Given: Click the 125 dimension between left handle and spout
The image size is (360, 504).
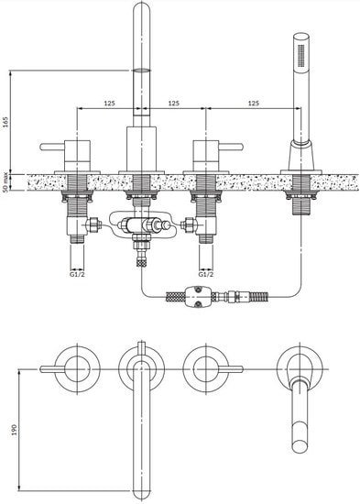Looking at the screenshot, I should coord(109,103).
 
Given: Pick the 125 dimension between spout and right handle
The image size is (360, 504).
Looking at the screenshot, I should coord(173,103).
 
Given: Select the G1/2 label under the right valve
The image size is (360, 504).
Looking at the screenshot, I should coord(208,273).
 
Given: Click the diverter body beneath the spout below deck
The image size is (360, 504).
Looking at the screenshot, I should coord(139,225).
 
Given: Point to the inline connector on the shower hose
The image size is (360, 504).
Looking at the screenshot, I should coord(194,297).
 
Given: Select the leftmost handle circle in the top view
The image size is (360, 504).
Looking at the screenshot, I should coord(75,367).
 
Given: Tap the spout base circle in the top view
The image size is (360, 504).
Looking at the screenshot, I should coord(140,367).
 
